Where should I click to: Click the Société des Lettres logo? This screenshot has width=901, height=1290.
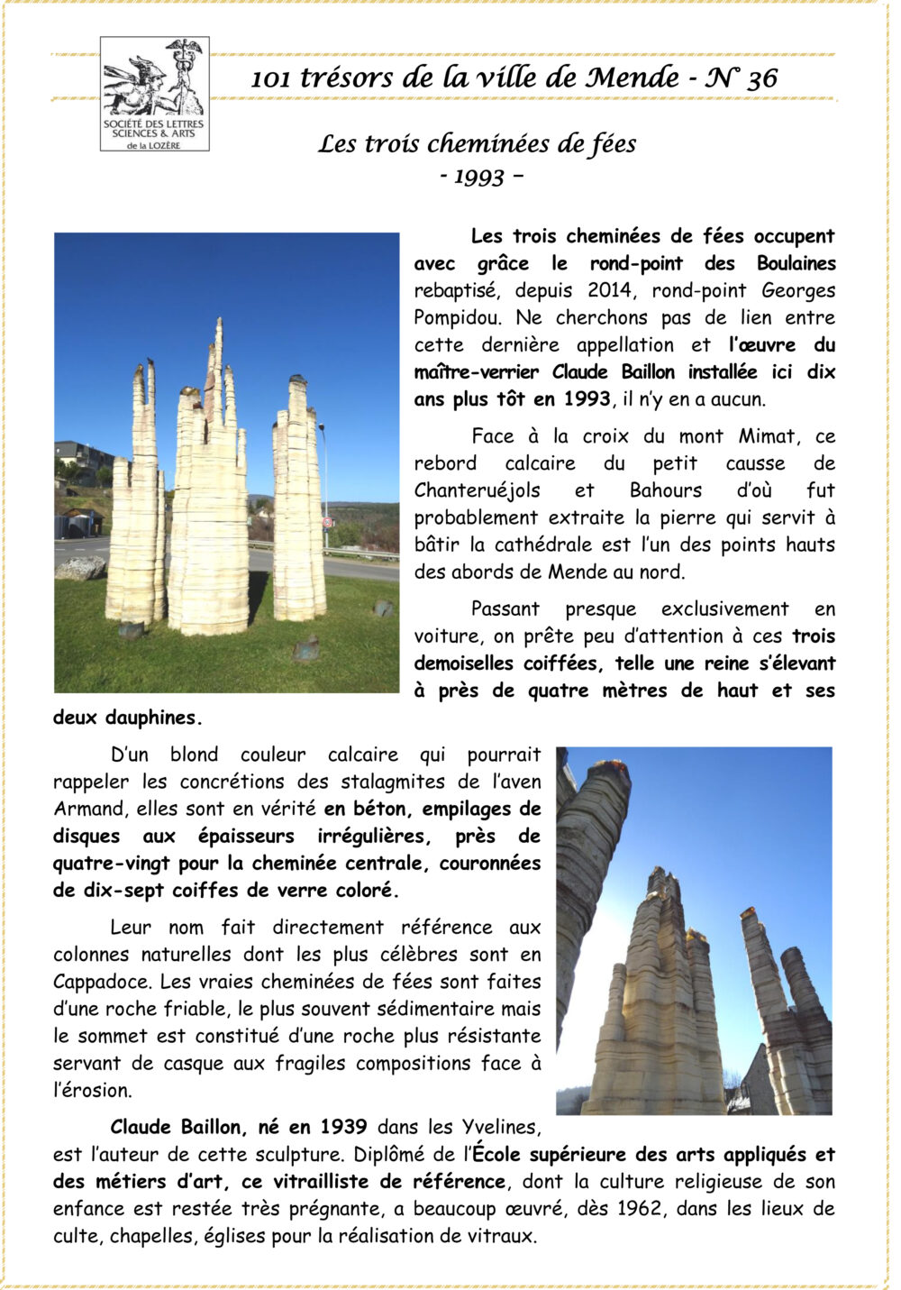point(154,93)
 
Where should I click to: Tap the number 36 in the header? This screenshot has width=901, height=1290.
point(761,78)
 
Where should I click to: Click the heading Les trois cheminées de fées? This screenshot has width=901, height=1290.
point(477,144)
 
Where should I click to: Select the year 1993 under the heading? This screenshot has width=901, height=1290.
point(479,176)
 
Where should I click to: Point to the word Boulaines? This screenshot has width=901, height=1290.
point(796,264)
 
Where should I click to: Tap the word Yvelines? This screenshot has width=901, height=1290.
point(501,1128)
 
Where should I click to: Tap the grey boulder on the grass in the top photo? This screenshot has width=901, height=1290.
point(80,568)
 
